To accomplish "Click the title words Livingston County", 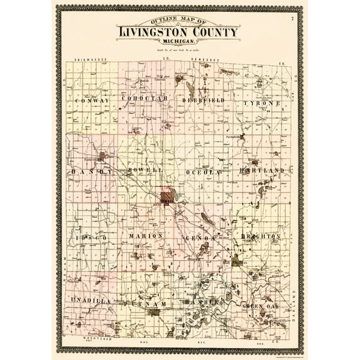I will point(178,32).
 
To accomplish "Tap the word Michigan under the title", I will point(178,42).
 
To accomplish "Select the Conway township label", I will point(92,101).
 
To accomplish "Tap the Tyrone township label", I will point(259,102).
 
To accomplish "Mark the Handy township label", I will point(92,171).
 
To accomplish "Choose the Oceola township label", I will point(204,172).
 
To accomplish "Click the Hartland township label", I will point(261,170).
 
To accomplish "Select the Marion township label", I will point(146,236).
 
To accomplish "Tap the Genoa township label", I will point(201,238).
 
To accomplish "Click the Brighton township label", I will point(260,236).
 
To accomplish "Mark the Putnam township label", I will point(148,303).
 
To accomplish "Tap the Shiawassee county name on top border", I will point(92,60).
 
